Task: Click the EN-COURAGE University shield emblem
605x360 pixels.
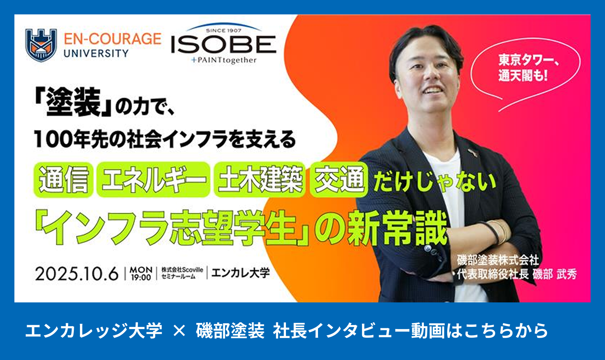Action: point(41,45)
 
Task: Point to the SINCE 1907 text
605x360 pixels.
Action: point(224,31)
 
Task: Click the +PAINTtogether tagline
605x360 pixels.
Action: point(224,60)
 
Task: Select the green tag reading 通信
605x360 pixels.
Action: point(63,180)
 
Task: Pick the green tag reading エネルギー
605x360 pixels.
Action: point(153,180)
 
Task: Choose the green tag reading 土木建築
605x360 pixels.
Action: point(260,180)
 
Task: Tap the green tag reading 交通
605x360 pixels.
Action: point(339,180)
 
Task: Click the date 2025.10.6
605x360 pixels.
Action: point(77,274)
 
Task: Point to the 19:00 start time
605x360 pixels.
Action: point(141,277)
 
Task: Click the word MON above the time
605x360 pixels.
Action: point(141,270)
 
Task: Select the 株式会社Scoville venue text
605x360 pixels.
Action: point(182,270)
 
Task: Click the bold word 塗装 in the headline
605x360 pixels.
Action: point(73,102)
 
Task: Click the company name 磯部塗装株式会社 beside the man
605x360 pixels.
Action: point(498,260)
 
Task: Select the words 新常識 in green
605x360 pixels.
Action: point(397,228)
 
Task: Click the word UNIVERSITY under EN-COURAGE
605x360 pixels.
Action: point(96,54)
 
